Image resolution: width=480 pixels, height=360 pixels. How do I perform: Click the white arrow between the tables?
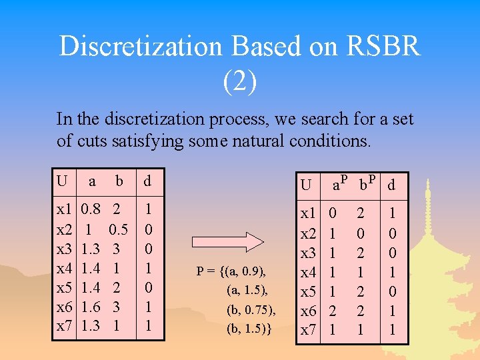218,241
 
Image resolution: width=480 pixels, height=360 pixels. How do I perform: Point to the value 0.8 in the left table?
91,209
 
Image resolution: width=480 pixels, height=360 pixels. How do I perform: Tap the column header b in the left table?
119,181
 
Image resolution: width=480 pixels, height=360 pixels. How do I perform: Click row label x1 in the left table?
65,209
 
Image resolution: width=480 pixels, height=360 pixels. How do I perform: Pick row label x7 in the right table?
308,329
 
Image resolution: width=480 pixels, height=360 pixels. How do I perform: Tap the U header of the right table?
305,185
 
